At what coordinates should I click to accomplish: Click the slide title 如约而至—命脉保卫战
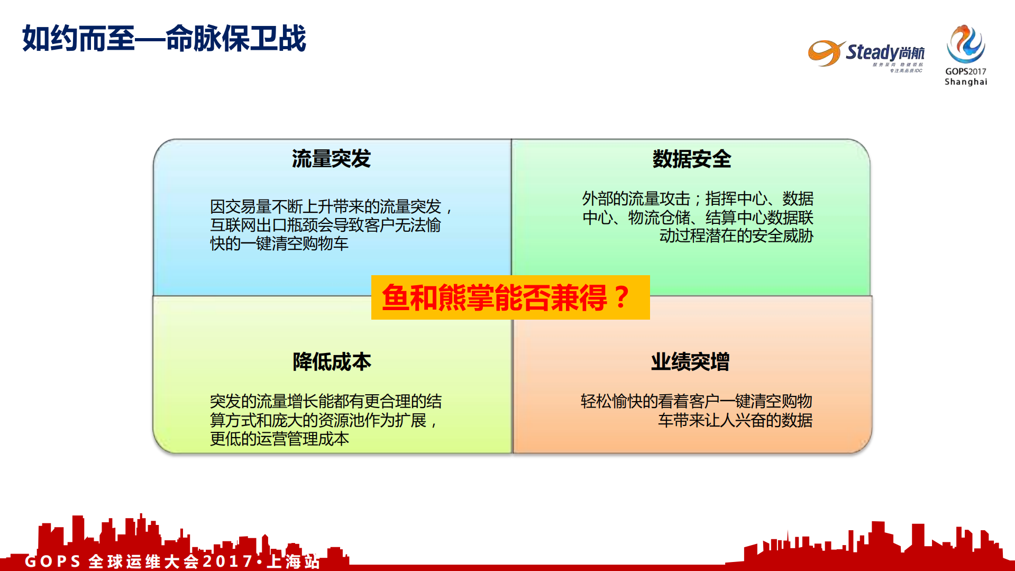[164, 39]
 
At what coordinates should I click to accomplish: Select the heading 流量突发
[331, 159]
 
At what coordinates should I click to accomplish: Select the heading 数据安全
[691, 159]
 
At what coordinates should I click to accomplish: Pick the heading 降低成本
[332, 362]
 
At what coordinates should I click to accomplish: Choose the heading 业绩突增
[690, 362]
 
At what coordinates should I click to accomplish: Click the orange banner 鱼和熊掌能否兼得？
[510, 297]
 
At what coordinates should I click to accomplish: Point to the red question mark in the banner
[622, 297]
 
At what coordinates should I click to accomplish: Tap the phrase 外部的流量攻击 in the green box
[636, 199]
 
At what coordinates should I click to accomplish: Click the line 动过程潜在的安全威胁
[736, 236]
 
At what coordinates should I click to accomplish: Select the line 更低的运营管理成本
[279, 439]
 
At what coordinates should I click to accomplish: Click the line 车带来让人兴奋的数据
[735, 420]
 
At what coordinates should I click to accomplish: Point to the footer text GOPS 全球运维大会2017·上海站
[172, 561]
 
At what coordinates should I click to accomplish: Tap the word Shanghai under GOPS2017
[966, 82]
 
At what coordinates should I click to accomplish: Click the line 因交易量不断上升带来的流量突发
[326, 206]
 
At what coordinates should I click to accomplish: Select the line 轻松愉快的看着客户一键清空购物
[696, 401]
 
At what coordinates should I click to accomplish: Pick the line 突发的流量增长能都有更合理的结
[326, 401]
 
